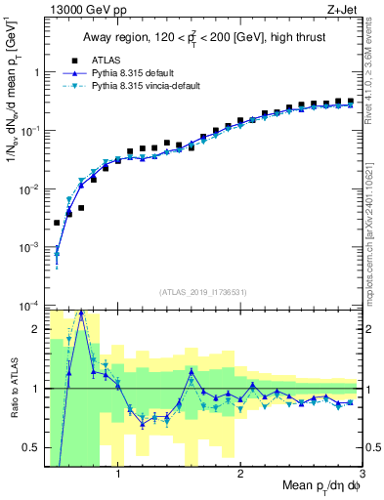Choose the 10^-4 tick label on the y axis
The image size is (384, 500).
[29, 306]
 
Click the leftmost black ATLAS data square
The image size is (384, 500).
[57, 223]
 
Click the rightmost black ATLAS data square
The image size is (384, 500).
[350, 101]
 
